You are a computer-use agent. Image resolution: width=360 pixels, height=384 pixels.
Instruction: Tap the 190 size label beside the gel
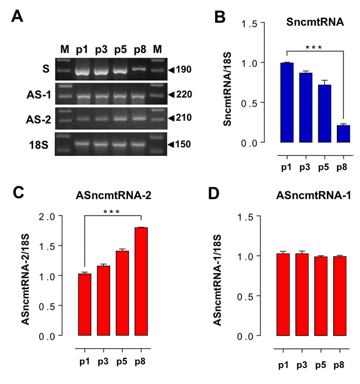[x=184, y=70]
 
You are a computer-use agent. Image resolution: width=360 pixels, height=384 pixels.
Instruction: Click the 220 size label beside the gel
[x=184, y=94]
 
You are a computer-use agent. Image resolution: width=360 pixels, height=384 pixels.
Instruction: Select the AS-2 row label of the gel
[x=38, y=119]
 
